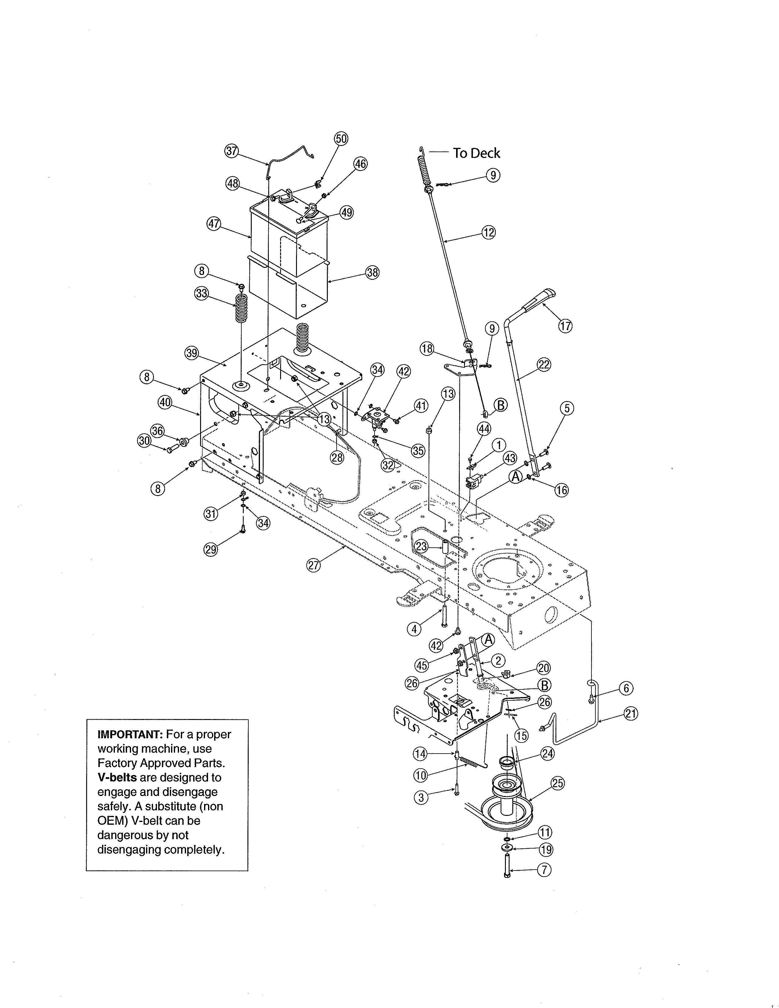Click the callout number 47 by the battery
pos(214,225)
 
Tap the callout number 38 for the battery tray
pos(372,273)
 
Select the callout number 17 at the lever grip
pos(565,326)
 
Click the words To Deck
pos(476,153)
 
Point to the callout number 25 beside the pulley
pos(558,783)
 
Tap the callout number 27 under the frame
pos(314,565)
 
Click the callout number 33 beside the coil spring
pos(202,294)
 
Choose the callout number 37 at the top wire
pos(231,151)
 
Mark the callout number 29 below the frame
pos(210,549)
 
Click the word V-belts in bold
pos(117,778)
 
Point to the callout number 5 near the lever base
pos(567,408)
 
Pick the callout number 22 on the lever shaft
pos(544,365)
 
